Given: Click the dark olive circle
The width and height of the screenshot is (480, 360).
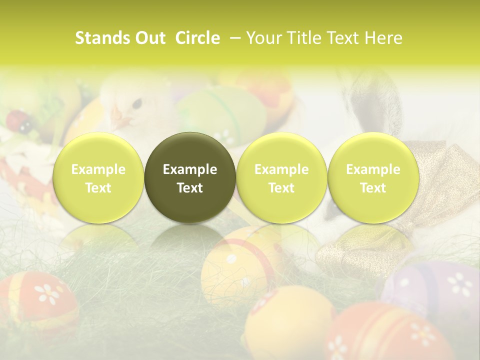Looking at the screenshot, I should (190, 177).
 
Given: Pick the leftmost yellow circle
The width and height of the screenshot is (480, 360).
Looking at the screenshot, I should (98, 177).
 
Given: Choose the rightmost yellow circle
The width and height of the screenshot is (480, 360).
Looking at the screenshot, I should (373, 177).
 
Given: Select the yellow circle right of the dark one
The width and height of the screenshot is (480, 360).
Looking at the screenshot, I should (281, 177).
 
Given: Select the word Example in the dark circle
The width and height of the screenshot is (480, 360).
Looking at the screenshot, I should (190, 169).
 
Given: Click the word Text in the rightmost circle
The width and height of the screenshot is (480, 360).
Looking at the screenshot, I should (373, 188).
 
